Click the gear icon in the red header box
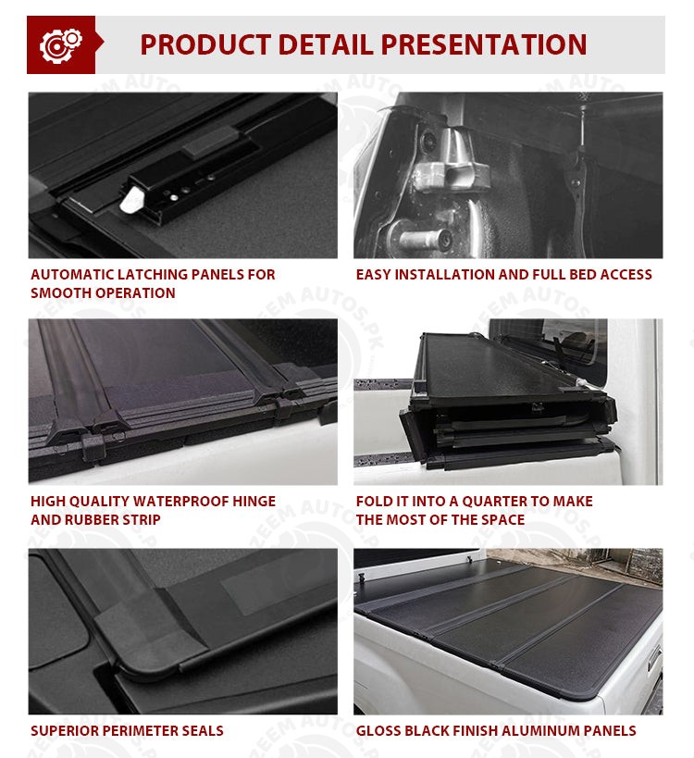point(61,45)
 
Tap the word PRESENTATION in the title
point(484,45)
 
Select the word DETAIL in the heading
point(327,45)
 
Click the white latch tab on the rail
point(131,200)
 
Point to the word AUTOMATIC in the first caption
point(72,275)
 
